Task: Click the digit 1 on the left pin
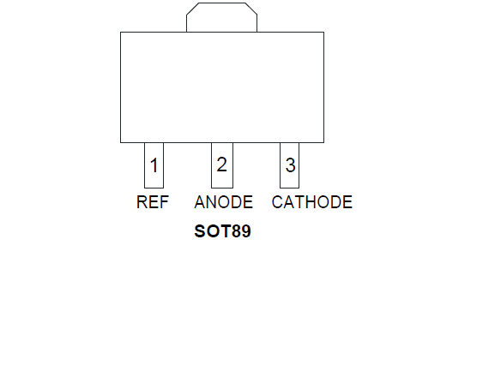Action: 154,165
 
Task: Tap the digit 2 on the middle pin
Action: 221,165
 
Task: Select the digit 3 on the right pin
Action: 290,165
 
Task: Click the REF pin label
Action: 153,202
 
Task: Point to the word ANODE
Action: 224,202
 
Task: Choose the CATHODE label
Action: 312,202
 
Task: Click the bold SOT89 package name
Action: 222,231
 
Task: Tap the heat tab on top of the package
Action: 221,17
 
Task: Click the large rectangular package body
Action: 222,87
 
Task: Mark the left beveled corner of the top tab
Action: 192,9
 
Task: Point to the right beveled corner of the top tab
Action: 251,9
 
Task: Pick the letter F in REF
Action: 164,202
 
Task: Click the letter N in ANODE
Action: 212,202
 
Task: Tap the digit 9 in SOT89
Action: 246,231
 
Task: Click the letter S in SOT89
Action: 199,231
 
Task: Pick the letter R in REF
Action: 142,202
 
